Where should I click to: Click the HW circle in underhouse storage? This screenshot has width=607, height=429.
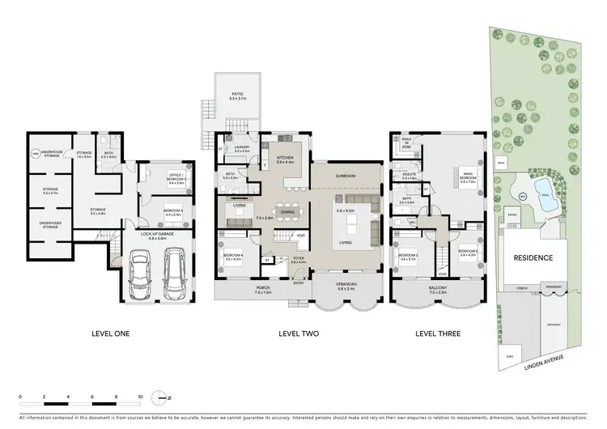35,153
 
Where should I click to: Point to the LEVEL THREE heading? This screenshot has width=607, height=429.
438,333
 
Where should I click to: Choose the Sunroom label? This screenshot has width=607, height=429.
346,173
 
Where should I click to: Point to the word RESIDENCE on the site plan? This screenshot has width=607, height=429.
533,258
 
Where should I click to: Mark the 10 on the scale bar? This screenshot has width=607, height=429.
141,397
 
